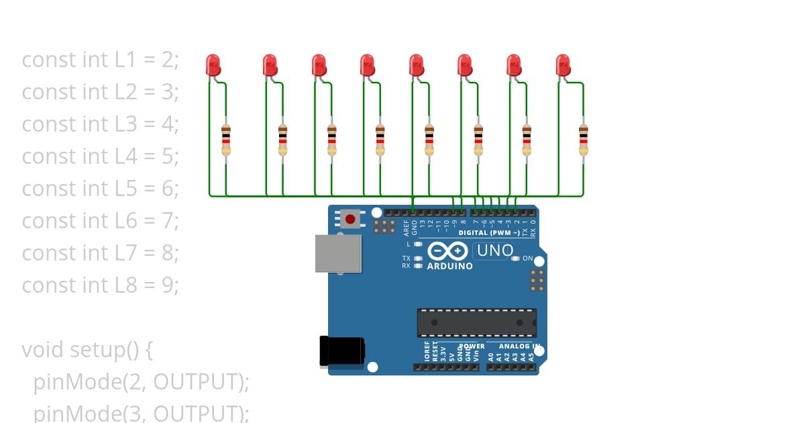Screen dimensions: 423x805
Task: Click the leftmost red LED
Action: pos(213,65)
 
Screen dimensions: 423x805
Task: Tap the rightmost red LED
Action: pos(563,65)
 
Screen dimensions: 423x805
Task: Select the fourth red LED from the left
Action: pos(367,65)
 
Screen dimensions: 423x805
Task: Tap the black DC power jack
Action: pos(341,351)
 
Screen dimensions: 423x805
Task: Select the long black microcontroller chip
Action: pos(476,323)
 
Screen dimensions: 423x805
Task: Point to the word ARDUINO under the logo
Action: pos(449,266)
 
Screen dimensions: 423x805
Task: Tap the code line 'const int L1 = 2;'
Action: pos(101,60)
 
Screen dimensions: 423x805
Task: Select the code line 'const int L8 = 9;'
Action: pos(101,285)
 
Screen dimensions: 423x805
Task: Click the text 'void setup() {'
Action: pos(88,350)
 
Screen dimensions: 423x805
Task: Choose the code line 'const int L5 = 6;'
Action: pos(101,189)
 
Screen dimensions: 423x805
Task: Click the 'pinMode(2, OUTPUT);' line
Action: pos(141,382)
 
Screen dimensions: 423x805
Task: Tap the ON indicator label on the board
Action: pos(527,258)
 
